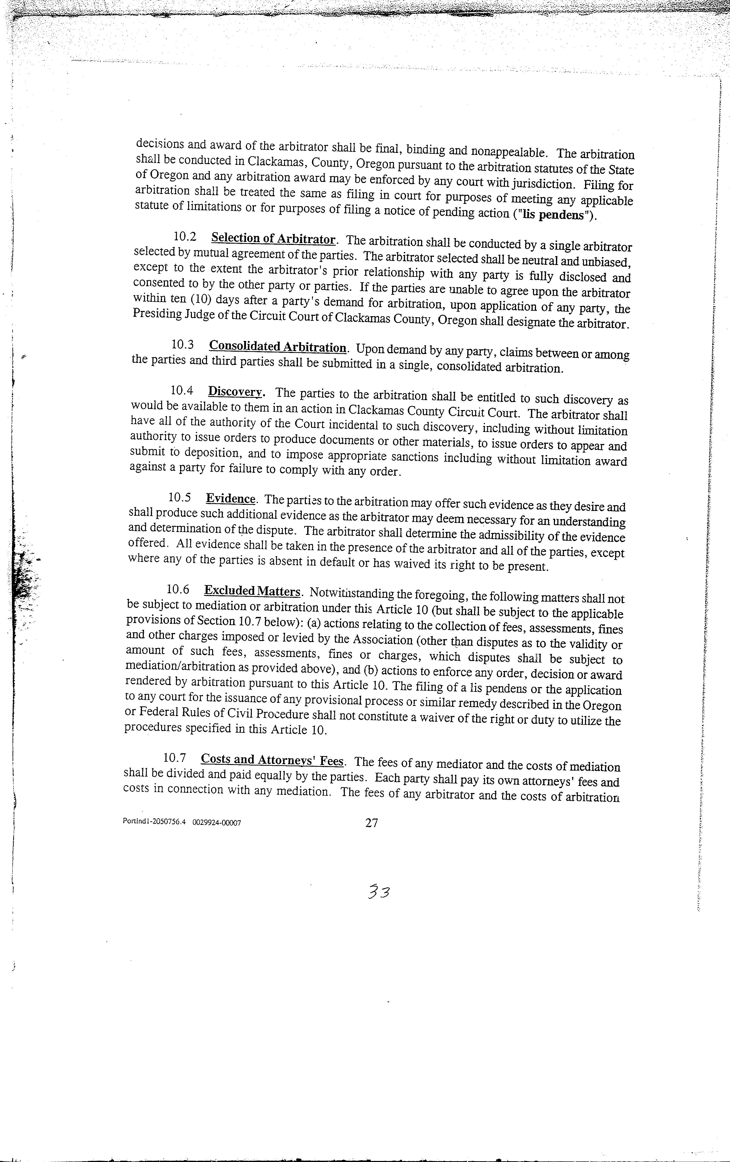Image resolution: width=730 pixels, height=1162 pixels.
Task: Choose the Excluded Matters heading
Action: pyautogui.click(x=252, y=591)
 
